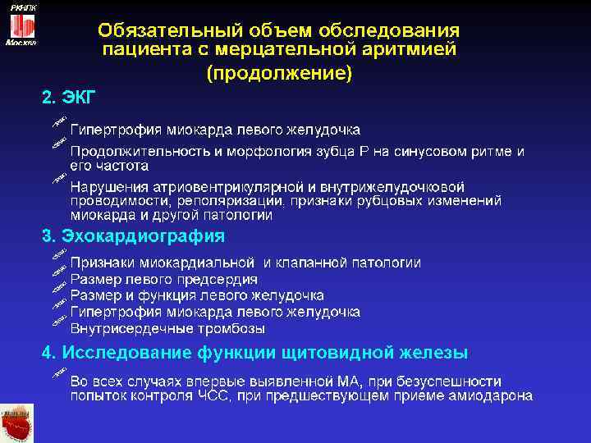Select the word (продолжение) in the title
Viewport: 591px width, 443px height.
pyautogui.click(x=279, y=73)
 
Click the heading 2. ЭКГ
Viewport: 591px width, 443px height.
pyautogui.click(x=69, y=98)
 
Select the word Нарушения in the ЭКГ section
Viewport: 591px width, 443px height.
pyautogui.click(x=106, y=186)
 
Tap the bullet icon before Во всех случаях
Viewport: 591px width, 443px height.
pyautogui.click(x=57, y=375)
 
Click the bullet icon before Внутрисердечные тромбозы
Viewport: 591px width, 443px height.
pyautogui.click(x=57, y=322)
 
